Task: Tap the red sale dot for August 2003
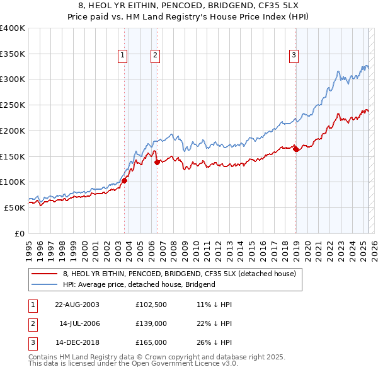pos(124,180)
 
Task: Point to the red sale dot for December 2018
pos(295,149)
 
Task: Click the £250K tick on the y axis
pos(13,105)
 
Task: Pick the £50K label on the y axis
pos(14,207)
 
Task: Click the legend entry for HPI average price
pos(139,284)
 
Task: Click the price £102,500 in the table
pos(150,304)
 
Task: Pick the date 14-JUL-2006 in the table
pos(79,323)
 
